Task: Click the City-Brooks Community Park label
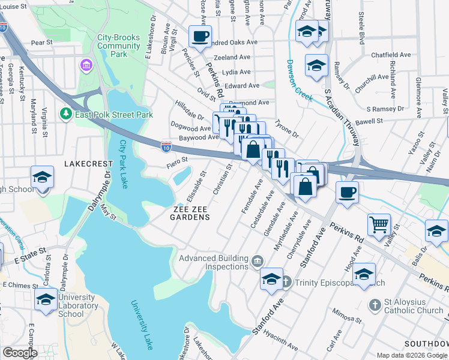pos(119,46)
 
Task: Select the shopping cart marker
pos(379,225)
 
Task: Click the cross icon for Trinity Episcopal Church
pos(286,281)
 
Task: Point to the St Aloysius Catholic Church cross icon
pos(375,305)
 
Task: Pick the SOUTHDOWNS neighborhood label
pos(426,344)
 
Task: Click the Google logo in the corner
pos(20,353)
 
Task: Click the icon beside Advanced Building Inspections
pos(258,260)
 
